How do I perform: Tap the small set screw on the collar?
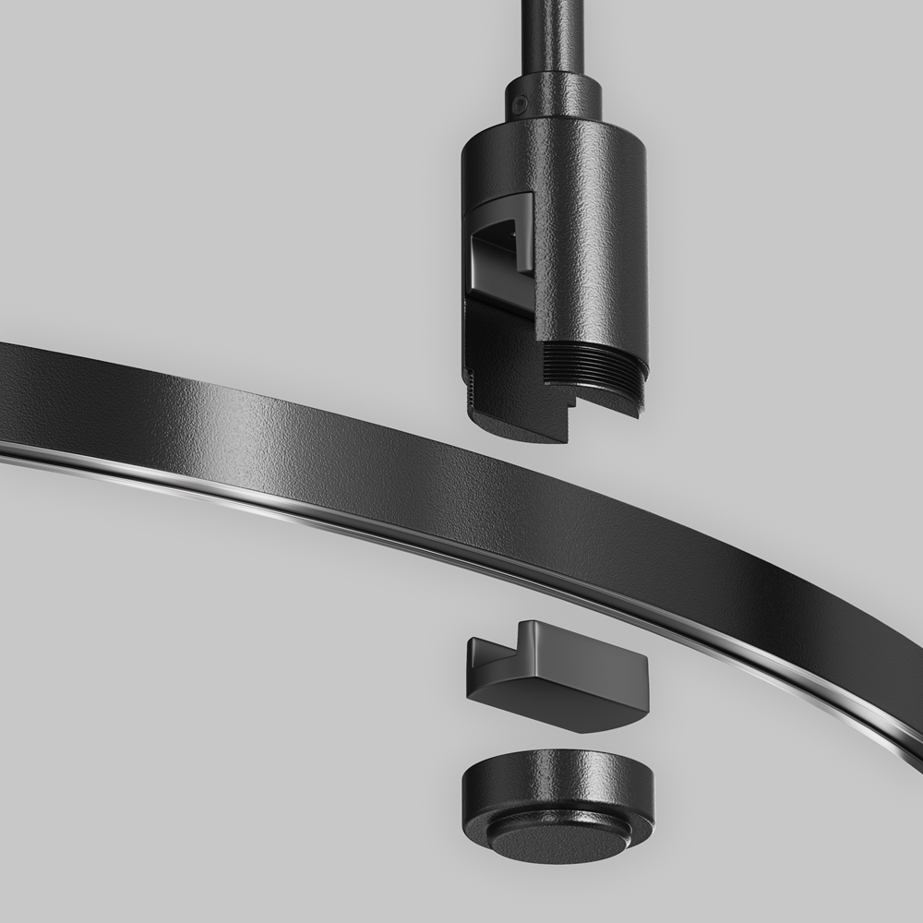pos(521,106)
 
